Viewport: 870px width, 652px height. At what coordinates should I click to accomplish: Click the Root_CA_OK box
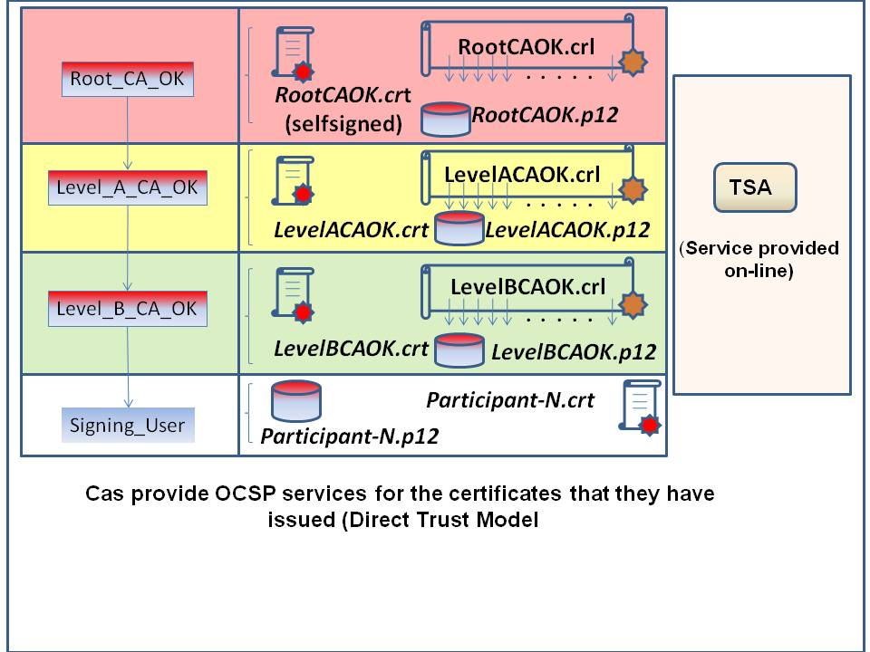coord(128,79)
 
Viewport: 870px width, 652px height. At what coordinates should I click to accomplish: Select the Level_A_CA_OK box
coord(128,190)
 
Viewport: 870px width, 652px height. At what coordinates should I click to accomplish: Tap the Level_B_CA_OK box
coord(128,308)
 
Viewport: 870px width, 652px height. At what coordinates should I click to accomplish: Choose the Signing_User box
coord(128,424)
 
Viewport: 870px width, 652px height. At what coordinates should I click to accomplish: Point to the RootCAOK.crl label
coord(526,46)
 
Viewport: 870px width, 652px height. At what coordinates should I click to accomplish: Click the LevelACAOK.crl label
coord(522,174)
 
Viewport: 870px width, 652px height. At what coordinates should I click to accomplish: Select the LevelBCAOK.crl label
coord(527,287)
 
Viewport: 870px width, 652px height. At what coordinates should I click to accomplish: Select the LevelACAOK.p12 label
coord(568,230)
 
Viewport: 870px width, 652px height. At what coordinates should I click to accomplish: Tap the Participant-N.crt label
coord(510,399)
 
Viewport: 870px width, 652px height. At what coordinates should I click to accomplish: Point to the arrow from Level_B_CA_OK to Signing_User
coord(129,367)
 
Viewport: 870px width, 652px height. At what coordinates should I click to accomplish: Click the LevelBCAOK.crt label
coord(351,348)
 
